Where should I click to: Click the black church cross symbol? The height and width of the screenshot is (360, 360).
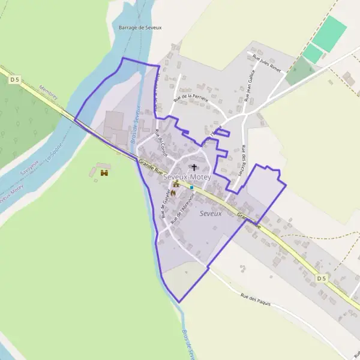pos(193,167)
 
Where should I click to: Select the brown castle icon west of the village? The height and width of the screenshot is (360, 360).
pos(104,173)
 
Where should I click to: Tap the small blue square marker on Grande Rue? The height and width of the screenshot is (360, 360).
pos(191,187)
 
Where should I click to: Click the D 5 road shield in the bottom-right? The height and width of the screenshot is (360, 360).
pos(322,278)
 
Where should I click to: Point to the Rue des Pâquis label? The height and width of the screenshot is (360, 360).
pos(256,300)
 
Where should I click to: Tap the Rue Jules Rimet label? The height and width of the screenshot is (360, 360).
pos(267,62)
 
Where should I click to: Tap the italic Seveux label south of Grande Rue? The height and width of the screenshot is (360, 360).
pos(211,214)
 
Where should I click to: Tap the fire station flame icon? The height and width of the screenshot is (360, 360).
pos(173,193)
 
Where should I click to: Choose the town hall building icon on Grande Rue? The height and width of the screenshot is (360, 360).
pos(176,184)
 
